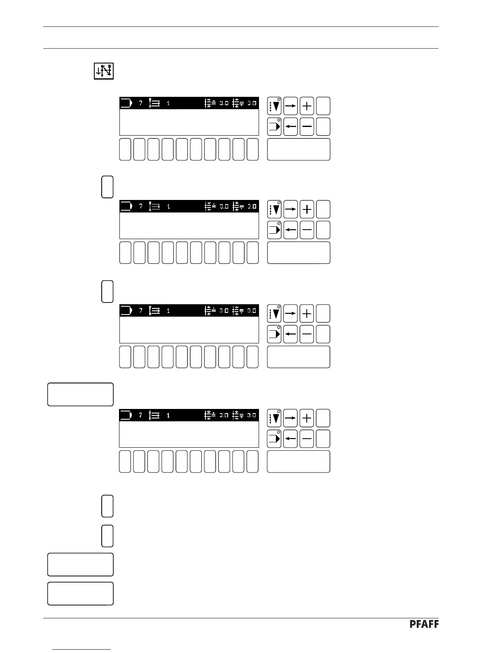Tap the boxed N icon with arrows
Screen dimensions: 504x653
(x=103, y=71)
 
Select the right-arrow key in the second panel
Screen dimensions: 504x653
(x=291, y=209)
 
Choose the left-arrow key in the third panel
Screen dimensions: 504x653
(x=291, y=334)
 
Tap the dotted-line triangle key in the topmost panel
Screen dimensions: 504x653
(x=274, y=106)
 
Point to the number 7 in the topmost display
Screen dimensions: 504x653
(x=140, y=103)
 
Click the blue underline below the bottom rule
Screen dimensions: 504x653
(x=82, y=650)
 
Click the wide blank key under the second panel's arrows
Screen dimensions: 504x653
(x=299, y=253)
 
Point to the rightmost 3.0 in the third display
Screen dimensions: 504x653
(x=252, y=311)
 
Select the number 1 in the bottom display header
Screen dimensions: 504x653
(x=168, y=415)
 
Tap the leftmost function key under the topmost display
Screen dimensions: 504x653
(x=125, y=149)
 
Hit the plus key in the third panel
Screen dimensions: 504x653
(x=307, y=314)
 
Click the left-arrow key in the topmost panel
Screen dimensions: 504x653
(x=291, y=127)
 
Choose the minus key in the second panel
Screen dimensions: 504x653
(x=307, y=230)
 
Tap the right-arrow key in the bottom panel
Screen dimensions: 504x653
(x=291, y=418)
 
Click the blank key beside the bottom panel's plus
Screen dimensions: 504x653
(x=323, y=418)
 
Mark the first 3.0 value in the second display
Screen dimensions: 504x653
(x=224, y=207)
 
